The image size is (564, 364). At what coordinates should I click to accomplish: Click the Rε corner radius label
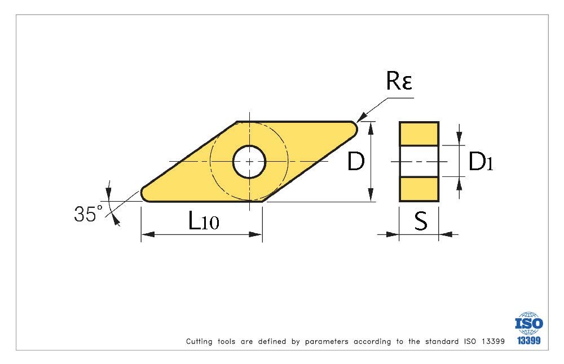[399, 81]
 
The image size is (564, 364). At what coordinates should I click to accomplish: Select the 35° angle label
[88, 214]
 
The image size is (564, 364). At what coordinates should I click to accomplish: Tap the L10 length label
[203, 220]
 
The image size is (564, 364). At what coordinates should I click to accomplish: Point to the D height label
[356, 161]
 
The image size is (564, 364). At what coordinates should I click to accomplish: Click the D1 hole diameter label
[481, 161]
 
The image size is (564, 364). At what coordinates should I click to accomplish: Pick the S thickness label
[421, 221]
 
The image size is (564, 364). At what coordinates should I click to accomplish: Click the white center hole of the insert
[249, 162]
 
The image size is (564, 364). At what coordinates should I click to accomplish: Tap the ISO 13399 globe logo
[529, 329]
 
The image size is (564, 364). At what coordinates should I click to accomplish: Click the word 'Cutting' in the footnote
[199, 341]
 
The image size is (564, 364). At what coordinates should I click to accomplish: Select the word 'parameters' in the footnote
[327, 341]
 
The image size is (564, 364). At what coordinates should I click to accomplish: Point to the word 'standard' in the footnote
[442, 341]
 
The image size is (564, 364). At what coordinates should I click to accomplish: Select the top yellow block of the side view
[419, 134]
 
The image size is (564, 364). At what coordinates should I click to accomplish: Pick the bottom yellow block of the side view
[419, 189]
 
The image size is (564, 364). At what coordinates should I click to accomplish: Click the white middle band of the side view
[419, 161]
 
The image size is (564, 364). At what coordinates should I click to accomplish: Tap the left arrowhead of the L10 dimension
[147, 234]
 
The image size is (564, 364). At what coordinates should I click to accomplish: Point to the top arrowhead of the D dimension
[371, 128]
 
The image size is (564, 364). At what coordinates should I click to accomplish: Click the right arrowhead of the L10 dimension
[255, 234]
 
